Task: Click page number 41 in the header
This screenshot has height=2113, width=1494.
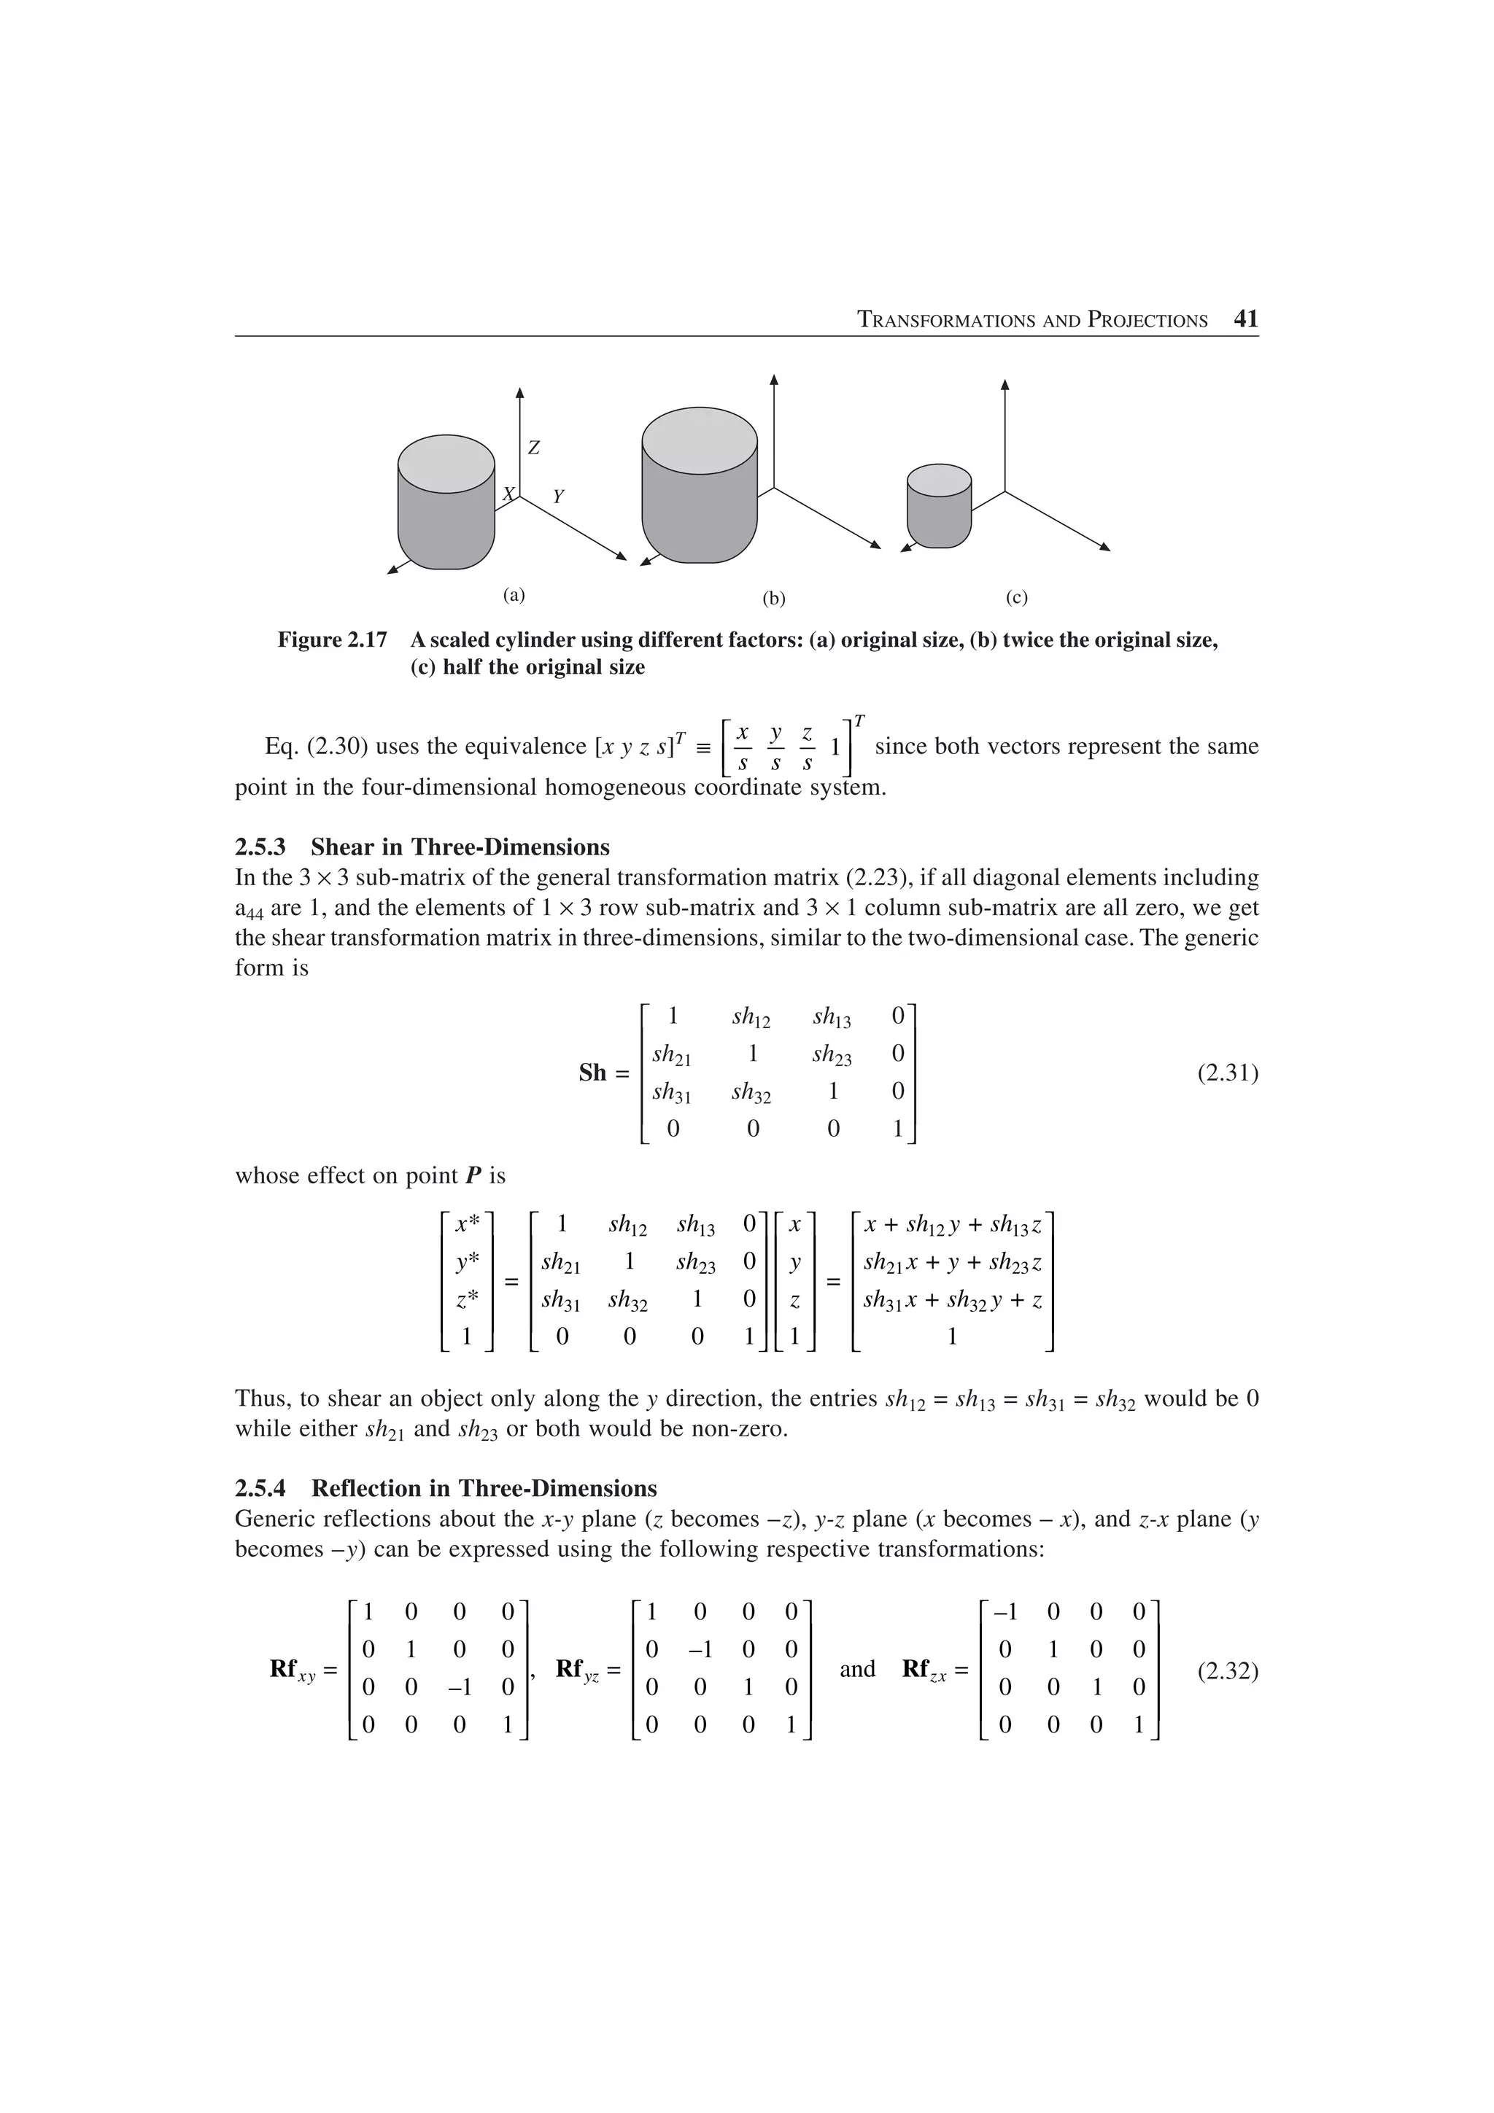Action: [1245, 319]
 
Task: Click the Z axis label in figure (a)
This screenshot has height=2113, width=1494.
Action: [533, 448]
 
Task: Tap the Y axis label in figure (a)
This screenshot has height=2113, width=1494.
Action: [558, 497]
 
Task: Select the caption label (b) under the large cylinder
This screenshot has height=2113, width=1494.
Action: [773, 599]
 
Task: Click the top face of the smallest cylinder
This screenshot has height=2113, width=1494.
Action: [939, 480]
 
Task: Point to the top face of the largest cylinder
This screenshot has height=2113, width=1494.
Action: [699, 440]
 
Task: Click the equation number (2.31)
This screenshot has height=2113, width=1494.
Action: [1227, 1073]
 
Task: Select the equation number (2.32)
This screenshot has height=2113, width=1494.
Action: [1227, 1670]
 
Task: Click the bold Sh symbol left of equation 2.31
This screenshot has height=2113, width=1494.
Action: [593, 1073]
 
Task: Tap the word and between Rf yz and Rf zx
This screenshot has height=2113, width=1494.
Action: [857, 1668]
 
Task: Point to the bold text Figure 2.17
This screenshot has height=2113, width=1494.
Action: [333, 639]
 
